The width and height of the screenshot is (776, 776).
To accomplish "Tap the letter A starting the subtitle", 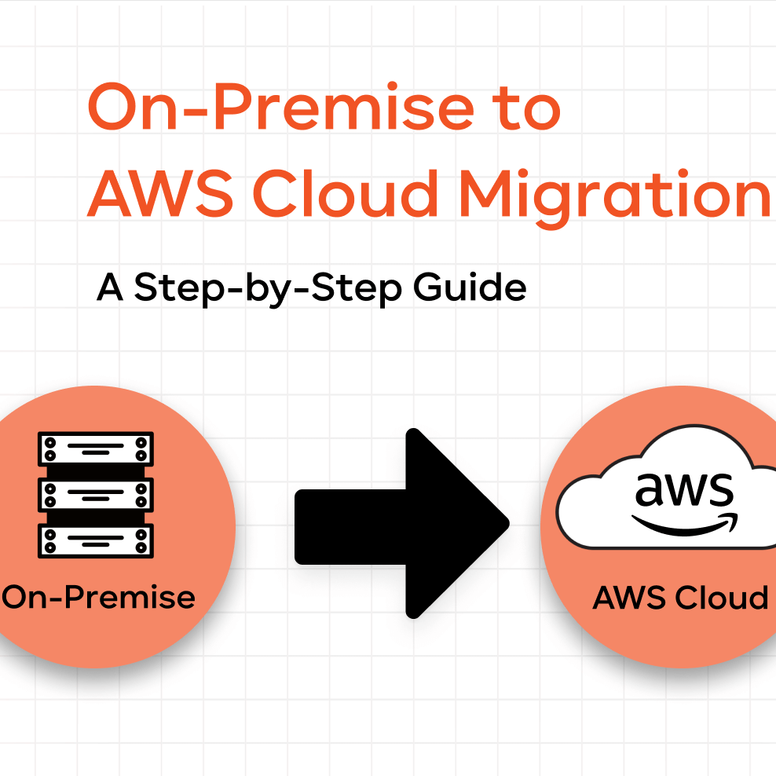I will (110, 288).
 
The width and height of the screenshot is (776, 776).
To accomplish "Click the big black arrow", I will (401, 522).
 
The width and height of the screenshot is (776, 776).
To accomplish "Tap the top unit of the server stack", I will (96, 448).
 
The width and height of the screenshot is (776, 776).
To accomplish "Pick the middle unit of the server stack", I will (96, 494).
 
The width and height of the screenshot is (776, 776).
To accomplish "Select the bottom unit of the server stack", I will (96, 540).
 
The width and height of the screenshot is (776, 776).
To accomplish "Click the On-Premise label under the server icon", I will (99, 598).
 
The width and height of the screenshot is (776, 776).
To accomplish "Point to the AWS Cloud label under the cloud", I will (680, 598).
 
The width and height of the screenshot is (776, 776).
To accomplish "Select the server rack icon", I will (96, 494).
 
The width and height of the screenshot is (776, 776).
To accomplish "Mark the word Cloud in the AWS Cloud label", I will (723, 598).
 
